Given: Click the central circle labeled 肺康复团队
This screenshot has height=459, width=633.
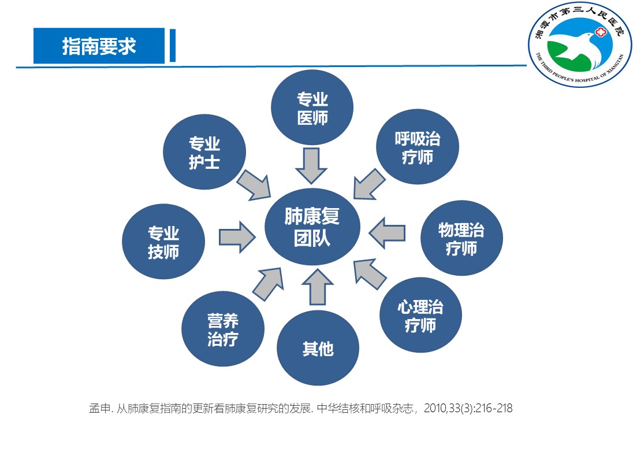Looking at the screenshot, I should (312, 227).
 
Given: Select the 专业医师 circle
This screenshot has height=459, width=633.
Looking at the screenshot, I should (312, 109).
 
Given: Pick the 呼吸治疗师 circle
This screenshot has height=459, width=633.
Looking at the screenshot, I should (417, 147).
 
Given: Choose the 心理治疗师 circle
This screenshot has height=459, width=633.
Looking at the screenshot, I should (420, 316).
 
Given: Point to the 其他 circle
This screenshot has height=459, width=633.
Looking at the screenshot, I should (318, 349).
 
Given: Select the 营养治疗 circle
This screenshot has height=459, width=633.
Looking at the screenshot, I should (222, 330).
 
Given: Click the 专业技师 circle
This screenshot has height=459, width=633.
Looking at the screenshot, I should (163, 242).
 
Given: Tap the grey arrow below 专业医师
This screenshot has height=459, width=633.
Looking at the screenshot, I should (311, 165).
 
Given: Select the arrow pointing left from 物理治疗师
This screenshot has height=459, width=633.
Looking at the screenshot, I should (387, 232).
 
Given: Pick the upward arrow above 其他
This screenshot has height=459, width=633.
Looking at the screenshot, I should (318, 287).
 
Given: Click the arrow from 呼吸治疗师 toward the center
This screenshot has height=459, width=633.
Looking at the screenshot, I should (368, 184).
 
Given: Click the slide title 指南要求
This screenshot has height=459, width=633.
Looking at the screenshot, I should (99, 46).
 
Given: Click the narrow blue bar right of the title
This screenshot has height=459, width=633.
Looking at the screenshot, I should (172, 46).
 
